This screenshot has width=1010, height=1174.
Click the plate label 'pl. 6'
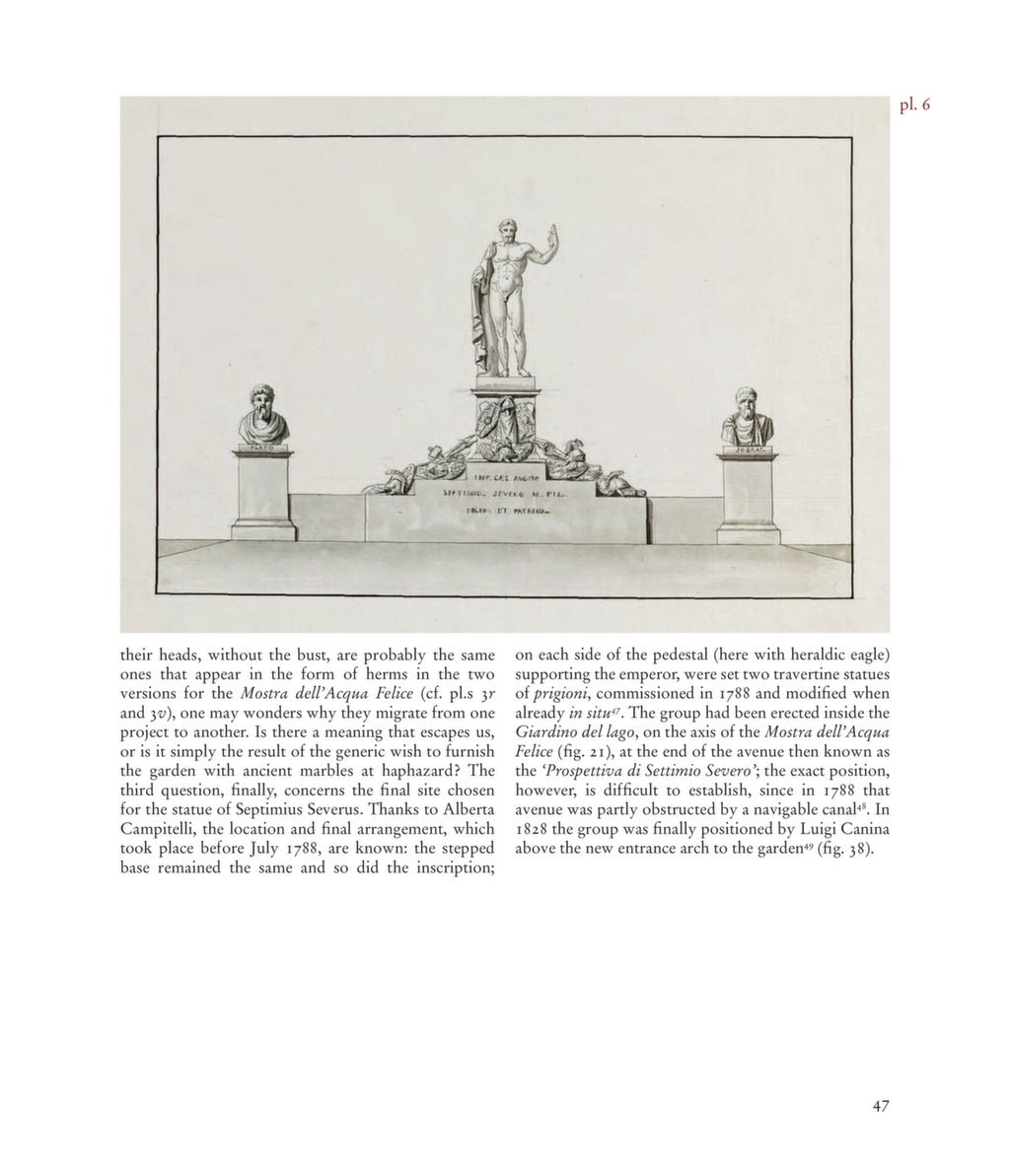pos(914,104)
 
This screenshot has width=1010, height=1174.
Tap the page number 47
pos(881,1106)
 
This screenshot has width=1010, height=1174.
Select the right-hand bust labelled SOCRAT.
pos(747,418)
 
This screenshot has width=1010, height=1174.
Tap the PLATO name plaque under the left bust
pos(263,448)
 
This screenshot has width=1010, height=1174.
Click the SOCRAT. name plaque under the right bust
pos(747,449)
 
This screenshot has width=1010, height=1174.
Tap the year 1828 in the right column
pos(533,830)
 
